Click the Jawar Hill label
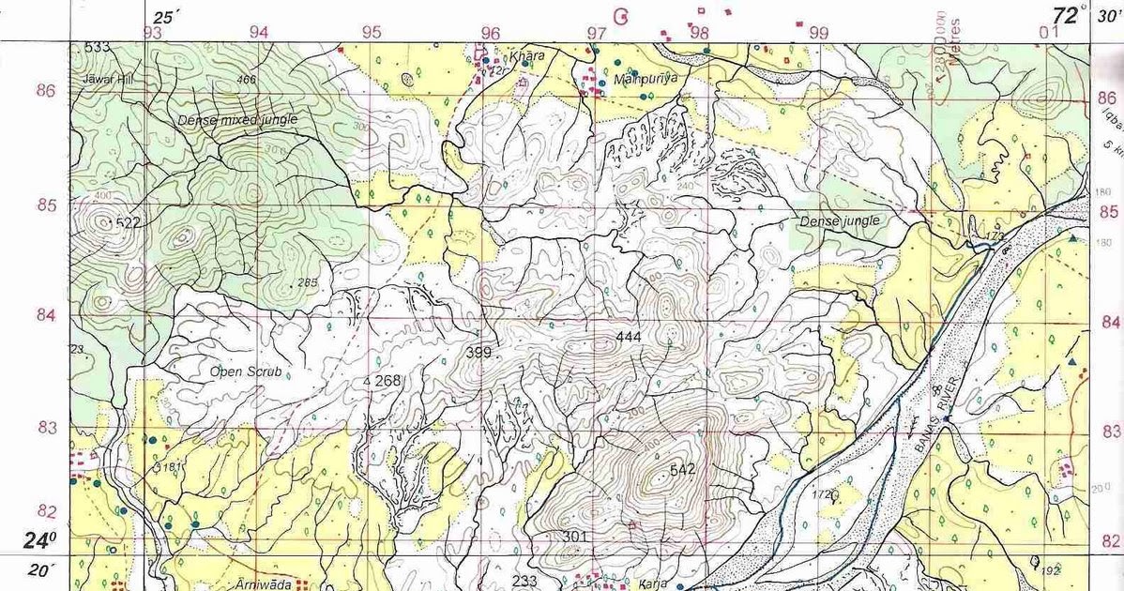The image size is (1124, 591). pos(107,81)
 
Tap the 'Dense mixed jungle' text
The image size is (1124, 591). pos(237,120)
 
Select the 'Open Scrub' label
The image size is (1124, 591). pos(247,371)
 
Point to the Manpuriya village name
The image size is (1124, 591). pos(644,80)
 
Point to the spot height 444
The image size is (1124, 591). pos(629,336)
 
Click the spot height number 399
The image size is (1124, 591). pos(478,353)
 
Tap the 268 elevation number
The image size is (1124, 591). pos(387,381)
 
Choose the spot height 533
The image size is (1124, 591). pos(97,47)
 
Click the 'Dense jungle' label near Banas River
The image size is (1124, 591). pos(840,221)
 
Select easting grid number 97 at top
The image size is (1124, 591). pos(596,33)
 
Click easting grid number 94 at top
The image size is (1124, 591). pos(259,32)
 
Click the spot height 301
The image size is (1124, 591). pos(575,536)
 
